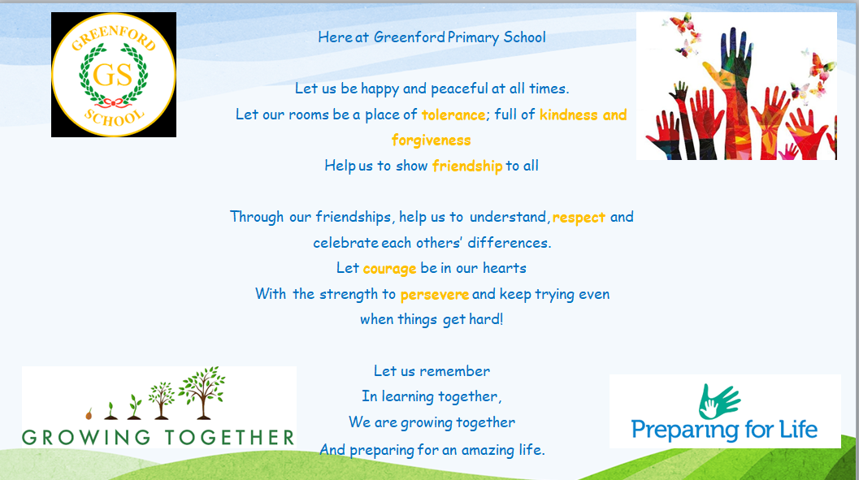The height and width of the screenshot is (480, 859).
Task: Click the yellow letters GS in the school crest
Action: [x=113, y=75]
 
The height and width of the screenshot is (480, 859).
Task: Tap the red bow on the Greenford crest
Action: [x=113, y=102]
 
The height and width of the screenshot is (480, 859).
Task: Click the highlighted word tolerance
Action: [x=453, y=115]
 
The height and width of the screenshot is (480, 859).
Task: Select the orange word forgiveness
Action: [x=432, y=141]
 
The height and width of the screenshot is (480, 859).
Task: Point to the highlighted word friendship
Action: [x=466, y=166]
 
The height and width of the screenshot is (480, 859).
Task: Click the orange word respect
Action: [x=579, y=218]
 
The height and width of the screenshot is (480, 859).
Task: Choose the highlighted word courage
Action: [x=389, y=269]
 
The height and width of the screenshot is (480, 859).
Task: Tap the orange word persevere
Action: [x=435, y=295]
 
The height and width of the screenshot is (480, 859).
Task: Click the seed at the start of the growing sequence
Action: [x=89, y=413]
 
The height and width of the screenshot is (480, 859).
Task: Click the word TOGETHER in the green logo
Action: [x=230, y=437]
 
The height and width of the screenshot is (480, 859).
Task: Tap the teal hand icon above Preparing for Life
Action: [x=718, y=402]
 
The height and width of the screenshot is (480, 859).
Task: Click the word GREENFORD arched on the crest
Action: [x=114, y=37]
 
